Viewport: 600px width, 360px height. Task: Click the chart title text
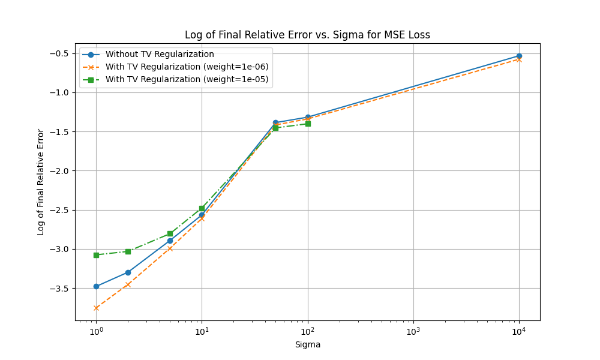307,35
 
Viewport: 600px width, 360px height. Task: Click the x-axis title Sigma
307,344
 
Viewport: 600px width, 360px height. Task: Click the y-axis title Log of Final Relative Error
41,182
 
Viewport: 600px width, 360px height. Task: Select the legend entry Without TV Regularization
160,55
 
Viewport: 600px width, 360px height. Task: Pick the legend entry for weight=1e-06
187,67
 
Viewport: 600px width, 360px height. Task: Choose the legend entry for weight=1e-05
187,79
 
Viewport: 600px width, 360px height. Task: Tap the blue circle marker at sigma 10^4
519,56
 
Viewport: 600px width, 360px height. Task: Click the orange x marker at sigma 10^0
96,308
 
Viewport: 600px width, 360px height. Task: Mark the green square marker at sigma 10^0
96,255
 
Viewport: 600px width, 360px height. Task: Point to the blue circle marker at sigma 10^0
96,286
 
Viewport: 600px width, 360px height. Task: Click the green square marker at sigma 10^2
308,124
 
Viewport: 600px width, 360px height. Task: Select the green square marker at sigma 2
128,251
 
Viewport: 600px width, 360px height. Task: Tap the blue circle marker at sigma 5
170,241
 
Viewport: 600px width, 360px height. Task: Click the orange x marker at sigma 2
128,284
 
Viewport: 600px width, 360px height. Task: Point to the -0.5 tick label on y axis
61,53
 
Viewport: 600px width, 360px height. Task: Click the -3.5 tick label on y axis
61,289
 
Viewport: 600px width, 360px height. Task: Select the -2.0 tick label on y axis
61,171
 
